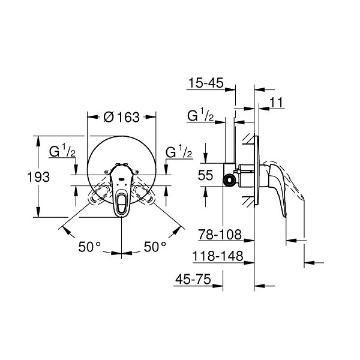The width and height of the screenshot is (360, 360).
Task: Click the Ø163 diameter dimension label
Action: point(121,117)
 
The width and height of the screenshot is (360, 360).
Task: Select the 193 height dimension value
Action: point(38,177)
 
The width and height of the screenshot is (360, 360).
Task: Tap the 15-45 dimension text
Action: point(206,83)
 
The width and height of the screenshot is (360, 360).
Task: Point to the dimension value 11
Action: point(277,103)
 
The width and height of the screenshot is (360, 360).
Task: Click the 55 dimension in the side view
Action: point(205,175)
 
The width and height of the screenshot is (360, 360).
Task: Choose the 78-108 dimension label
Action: point(220,235)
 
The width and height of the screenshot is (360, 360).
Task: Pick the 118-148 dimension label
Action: point(218,256)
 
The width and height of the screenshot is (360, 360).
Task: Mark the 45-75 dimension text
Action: point(193,280)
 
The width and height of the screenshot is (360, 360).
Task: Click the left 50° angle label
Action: point(89,247)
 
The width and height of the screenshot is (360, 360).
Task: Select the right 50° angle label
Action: point(155,247)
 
